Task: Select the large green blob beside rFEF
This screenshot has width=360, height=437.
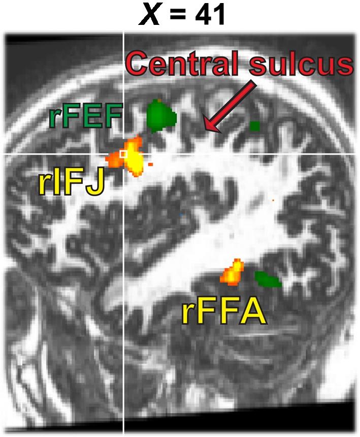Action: (161, 116)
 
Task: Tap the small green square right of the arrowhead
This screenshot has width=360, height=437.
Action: (255, 124)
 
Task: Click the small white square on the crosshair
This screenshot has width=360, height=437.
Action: (123, 153)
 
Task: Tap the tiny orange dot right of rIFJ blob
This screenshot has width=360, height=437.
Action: (151, 164)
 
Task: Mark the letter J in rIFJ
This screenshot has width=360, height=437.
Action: (95, 184)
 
